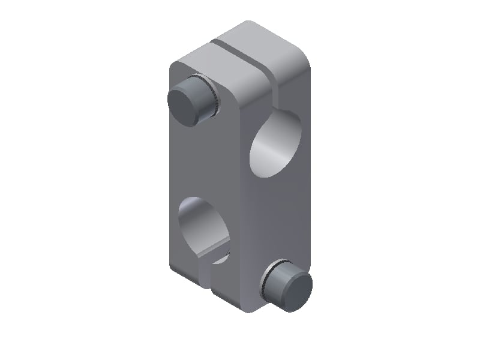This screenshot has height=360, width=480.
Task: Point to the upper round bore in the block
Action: coord(273,147)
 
